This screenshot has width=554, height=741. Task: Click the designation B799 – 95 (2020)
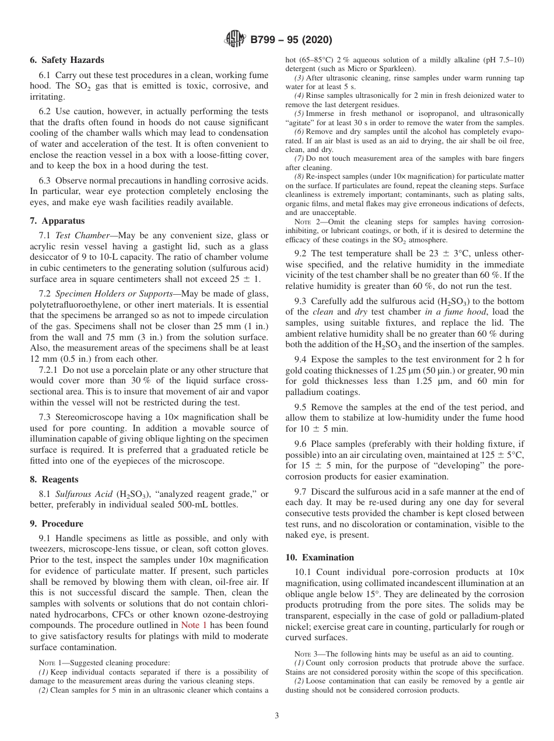291,40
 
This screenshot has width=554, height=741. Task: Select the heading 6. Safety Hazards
67,60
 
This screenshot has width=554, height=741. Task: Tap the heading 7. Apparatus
57,221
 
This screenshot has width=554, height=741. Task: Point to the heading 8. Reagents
54,479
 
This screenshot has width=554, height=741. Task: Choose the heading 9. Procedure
57,524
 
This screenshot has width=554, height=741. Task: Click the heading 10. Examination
320,557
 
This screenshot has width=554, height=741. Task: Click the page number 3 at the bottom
277,715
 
